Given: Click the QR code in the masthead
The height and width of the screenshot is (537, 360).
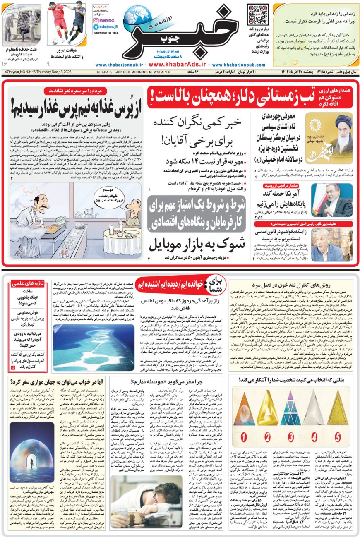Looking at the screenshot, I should click(x=257, y=14).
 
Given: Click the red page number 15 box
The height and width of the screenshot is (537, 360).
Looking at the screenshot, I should click(x=12, y=367).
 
